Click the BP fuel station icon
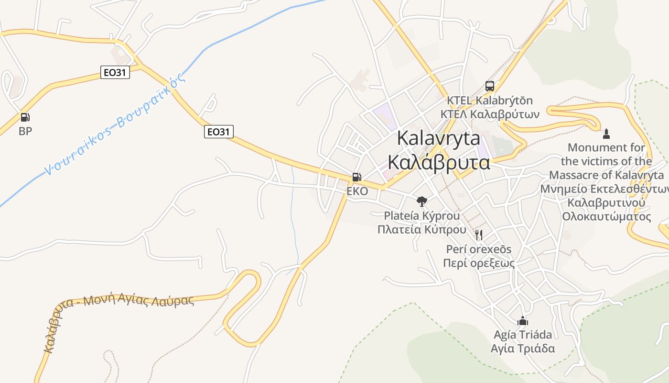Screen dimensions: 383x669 [25, 117]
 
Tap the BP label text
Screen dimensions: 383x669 [25, 131]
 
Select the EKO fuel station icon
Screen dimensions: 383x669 [357, 177]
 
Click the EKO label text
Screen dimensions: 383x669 [357, 191]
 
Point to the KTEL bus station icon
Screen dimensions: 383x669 [490, 86]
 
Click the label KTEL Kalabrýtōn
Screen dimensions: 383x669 [489, 101]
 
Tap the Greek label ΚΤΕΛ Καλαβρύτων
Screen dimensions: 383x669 [490, 114]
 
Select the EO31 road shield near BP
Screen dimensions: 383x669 [115, 72]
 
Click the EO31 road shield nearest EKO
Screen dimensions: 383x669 [219, 132]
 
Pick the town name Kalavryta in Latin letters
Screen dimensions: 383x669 [439, 138]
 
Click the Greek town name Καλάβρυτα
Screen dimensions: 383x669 [439, 162]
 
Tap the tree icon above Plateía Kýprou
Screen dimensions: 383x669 [421, 201]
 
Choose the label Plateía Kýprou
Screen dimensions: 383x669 [422, 216]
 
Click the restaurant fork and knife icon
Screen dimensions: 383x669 [479, 235]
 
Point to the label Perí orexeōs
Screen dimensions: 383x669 [479, 249]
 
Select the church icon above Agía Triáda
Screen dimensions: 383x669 [523, 320]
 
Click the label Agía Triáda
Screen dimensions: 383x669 [523, 335]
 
